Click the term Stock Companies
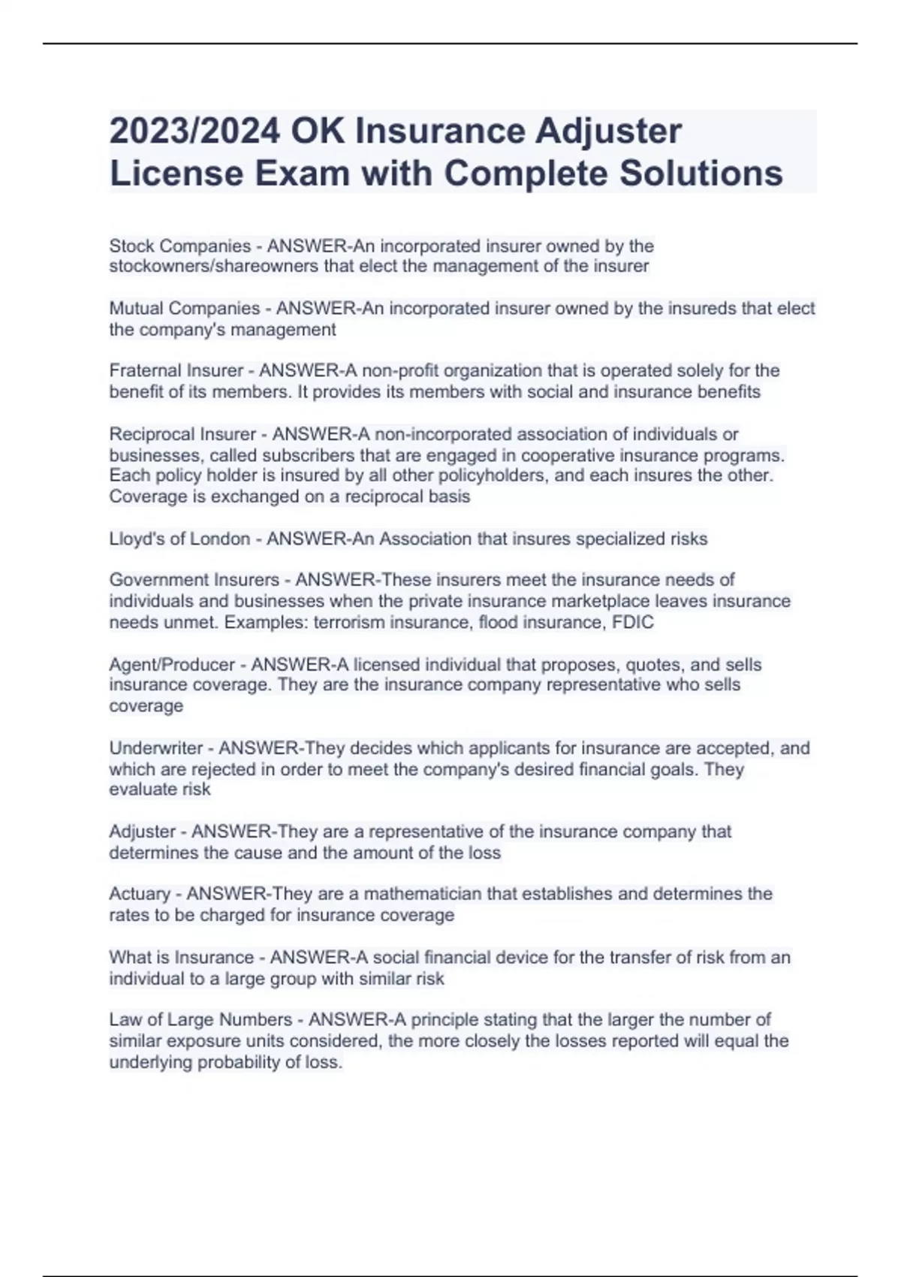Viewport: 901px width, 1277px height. pos(180,246)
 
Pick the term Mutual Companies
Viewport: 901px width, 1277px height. pos(185,309)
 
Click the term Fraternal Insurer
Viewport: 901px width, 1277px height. pos(176,371)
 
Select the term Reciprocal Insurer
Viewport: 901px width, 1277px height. pos(183,434)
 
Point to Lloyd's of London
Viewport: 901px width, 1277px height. pos(179,539)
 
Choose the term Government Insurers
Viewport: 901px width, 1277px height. pos(194,580)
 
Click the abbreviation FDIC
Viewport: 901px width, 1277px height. pos(634,622)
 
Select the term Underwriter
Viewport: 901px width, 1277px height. pos(156,748)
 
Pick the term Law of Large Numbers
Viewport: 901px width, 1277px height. pos(200,1020)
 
